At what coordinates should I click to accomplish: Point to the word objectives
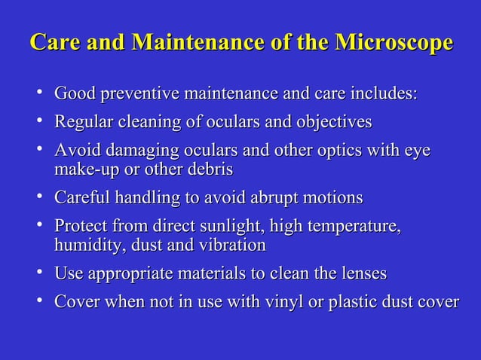[332, 121]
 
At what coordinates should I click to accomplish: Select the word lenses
[361, 273]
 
